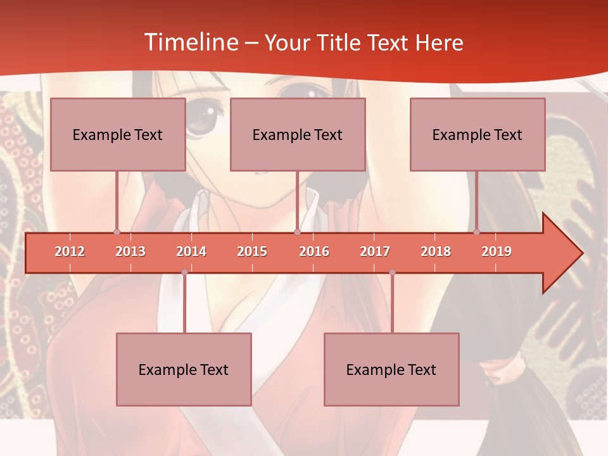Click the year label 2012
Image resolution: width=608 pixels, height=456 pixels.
click(x=70, y=251)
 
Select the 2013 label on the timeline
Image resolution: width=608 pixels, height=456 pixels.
click(x=130, y=251)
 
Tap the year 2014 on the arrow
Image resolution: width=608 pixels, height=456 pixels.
click(x=191, y=251)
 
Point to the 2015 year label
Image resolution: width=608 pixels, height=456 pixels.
click(x=252, y=251)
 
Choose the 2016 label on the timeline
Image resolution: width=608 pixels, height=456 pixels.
click(x=314, y=251)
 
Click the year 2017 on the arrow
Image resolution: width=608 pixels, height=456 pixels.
click(x=375, y=251)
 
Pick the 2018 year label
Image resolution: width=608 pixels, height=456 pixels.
click(x=436, y=251)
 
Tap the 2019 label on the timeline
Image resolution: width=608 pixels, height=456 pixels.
click(x=497, y=251)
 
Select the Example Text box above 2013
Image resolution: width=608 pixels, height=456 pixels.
click(x=118, y=134)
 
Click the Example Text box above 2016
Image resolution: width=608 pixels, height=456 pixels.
click(x=298, y=134)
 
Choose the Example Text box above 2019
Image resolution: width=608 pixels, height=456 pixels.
click(x=478, y=134)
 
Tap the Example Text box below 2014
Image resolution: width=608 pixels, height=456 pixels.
click(x=184, y=369)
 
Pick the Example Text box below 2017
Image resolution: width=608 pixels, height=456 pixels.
click(x=391, y=369)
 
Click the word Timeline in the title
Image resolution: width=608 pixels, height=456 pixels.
click(x=190, y=42)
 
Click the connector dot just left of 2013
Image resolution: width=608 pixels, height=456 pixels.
click(x=117, y=232)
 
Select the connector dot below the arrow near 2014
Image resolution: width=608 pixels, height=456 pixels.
click(x=184, y=272)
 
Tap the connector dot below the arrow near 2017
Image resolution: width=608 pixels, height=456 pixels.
click(x=392, y=272)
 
